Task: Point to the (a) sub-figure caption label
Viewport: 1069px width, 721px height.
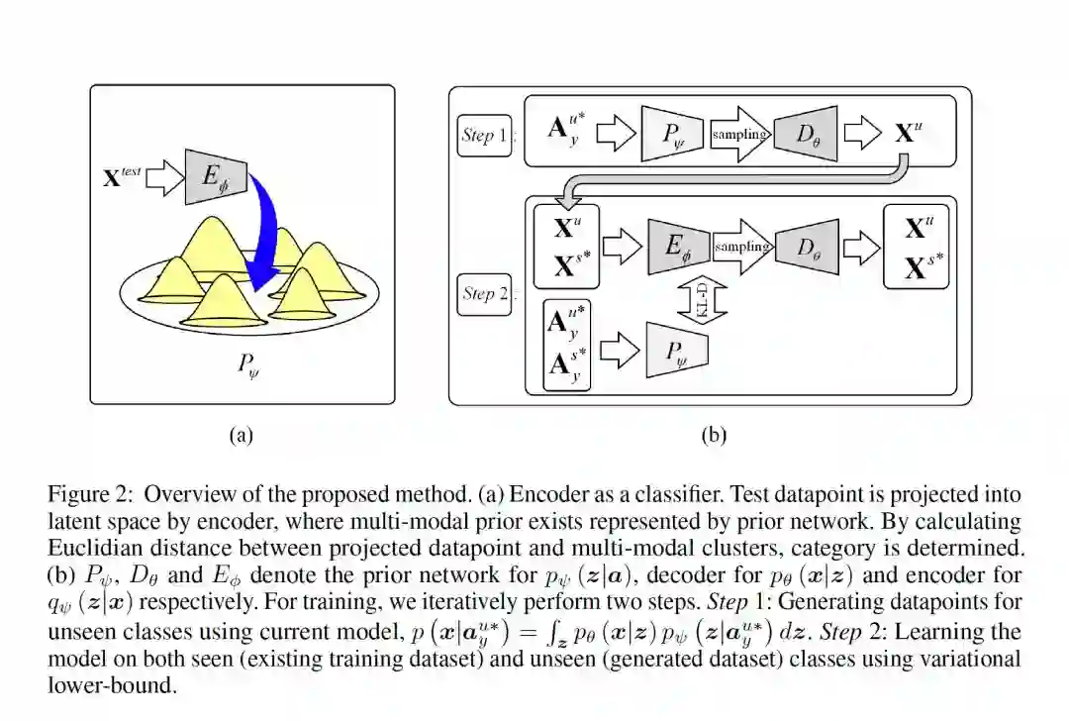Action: tap(242, 435)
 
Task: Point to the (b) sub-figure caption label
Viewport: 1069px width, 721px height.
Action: tap(714, 435)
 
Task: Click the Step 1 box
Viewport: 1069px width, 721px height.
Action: tap(485, 135)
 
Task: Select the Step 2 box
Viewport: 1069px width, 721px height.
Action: tap(485, 294)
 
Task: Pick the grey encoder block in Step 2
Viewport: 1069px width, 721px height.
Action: tap(678, 248)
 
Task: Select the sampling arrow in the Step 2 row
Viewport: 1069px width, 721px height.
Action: tap(739, 248)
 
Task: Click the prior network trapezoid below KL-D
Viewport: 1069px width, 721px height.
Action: tap(677, 350)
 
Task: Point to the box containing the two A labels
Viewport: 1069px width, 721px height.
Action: tap(567, 350)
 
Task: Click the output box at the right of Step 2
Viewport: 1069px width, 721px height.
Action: tap(916, 248)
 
